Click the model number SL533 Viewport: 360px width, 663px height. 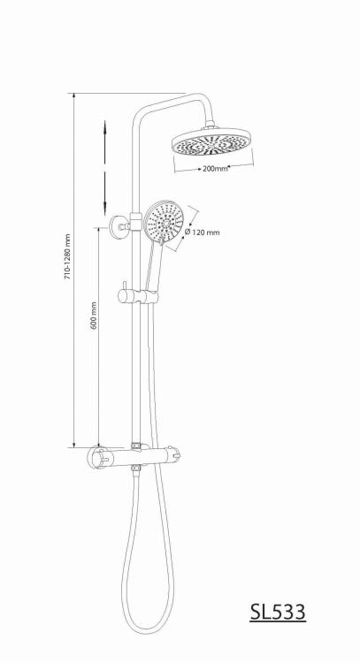[x=278, y=612]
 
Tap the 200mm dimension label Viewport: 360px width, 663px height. [x=215, y=168]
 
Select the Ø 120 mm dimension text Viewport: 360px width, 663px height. [x=203, y=232]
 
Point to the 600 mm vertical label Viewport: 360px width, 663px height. [x=94, y=315]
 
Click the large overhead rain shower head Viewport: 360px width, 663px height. [x=212, y=144]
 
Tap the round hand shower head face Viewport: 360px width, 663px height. [x=165, y=221]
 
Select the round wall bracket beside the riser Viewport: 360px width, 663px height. [x=119, y=225]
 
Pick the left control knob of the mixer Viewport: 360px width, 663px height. [x=100, y=457]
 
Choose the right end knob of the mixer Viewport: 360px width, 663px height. [x=175, y=455]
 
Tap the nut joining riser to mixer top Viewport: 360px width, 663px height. [x=136, y=446]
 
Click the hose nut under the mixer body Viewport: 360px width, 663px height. [x=136, y=468]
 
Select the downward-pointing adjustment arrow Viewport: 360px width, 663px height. [x=105, y=193]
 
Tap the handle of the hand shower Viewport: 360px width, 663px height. [x=153, y=266]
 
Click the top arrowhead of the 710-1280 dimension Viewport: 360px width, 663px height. [x=74, y=96]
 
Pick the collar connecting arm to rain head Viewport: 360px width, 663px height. [x=210, y=126]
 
